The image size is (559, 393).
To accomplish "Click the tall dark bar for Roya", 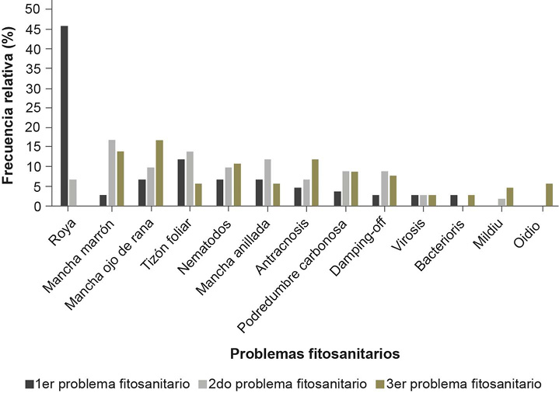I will [64, 117].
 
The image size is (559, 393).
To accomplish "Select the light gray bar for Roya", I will [73, 193].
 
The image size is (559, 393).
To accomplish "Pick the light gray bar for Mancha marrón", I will [112, 173].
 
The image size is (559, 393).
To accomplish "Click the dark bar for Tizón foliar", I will [180, 183].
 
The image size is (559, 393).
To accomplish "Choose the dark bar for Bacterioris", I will [452, 200].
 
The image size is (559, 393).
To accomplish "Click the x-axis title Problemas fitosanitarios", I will [315, 353].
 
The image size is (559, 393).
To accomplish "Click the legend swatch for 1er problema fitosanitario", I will [30, 383].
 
